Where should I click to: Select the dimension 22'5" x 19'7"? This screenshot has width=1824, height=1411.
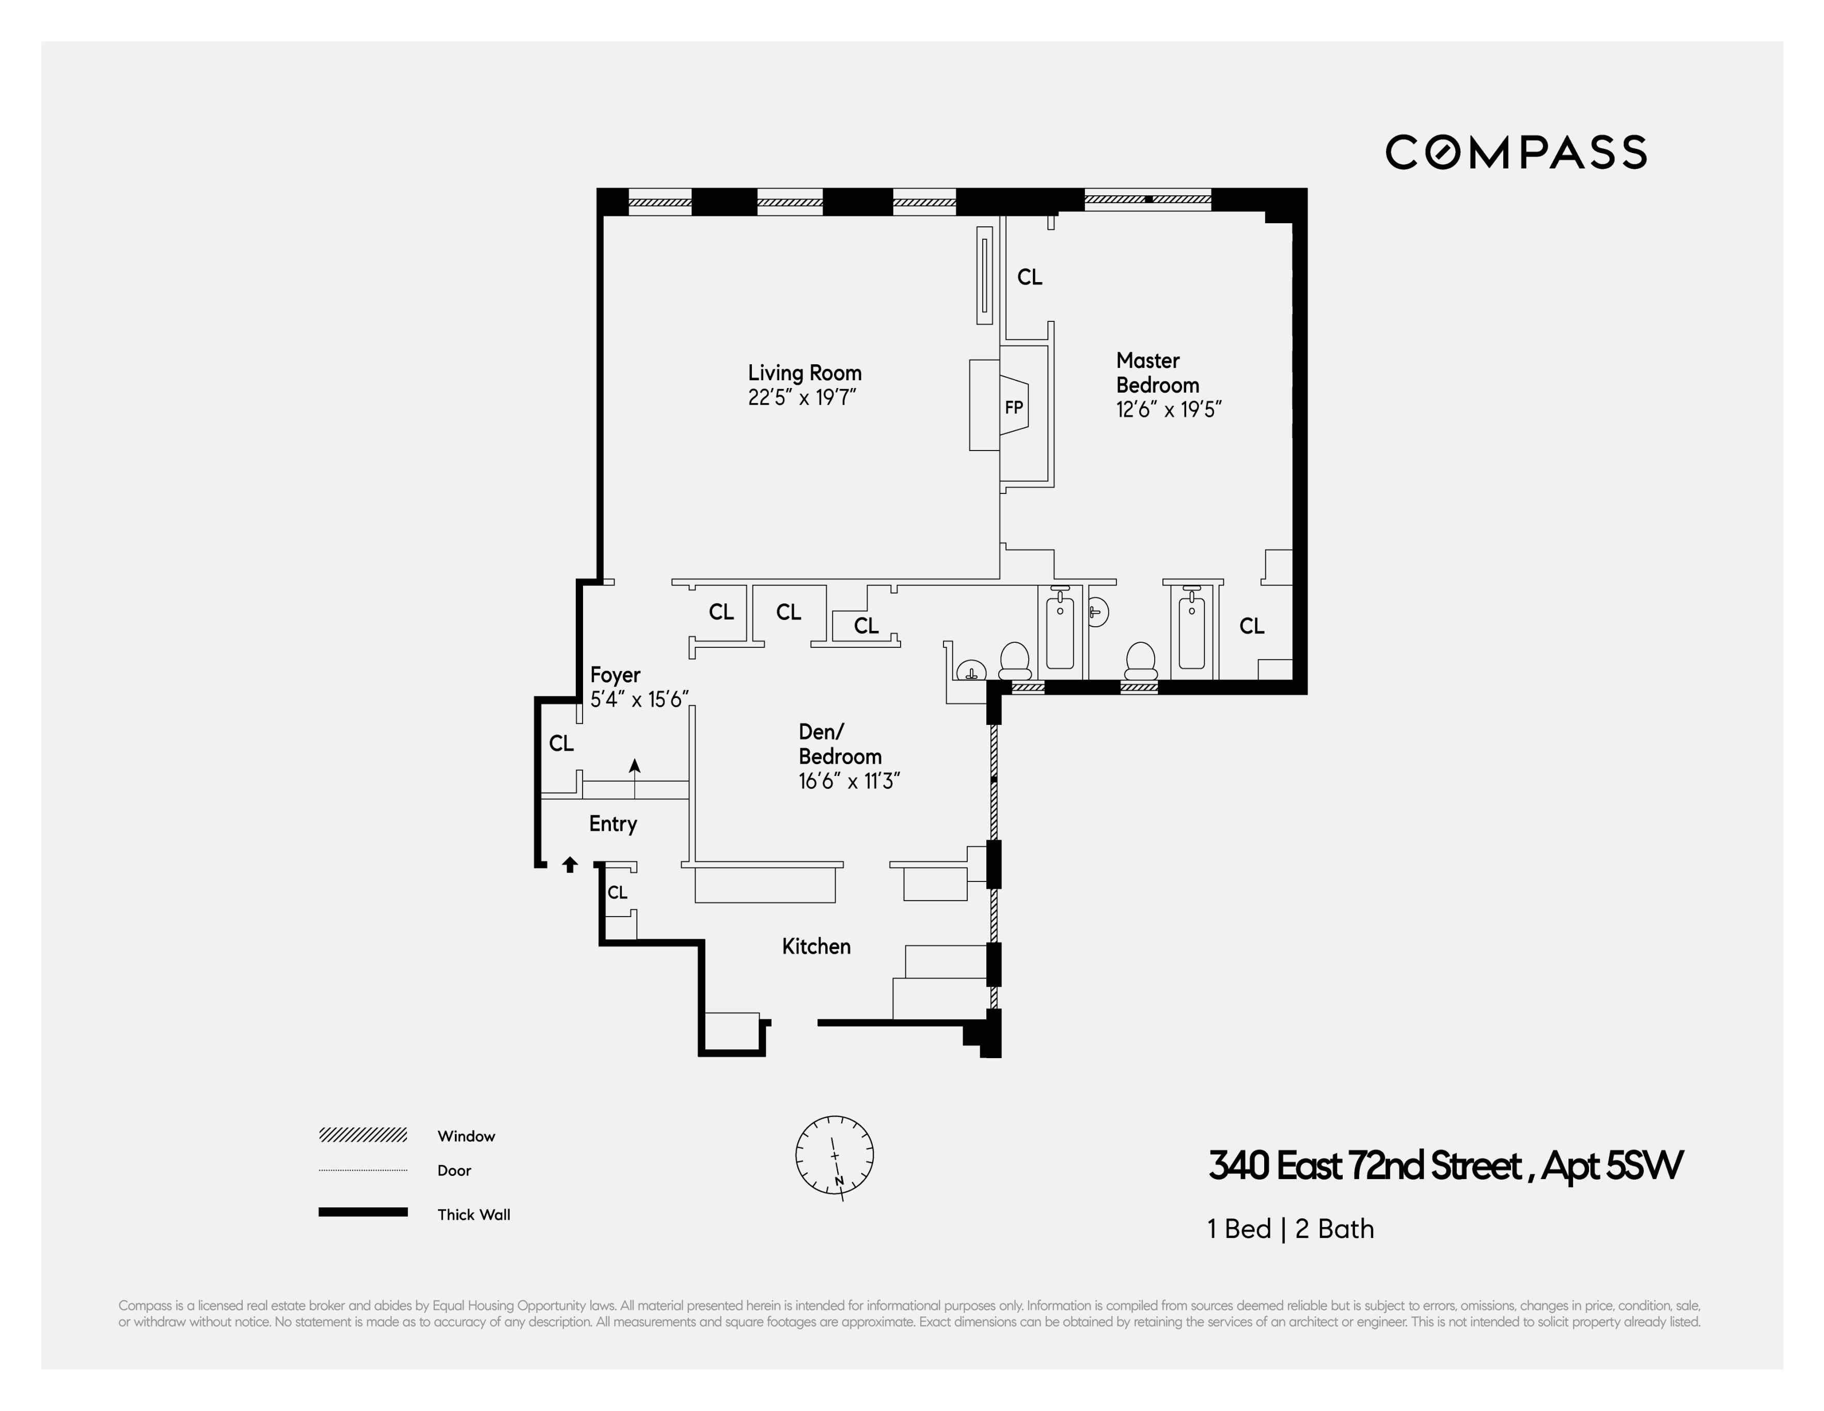(802, 398)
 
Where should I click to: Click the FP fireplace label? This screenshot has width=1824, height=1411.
(1013, 408)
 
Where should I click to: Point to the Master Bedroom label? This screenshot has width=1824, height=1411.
(1157, 373)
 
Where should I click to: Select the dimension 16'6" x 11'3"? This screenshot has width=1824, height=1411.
(848, 781)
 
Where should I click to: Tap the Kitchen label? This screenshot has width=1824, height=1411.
(816, 947)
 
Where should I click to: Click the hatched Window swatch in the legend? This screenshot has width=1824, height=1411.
(363, 1135)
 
